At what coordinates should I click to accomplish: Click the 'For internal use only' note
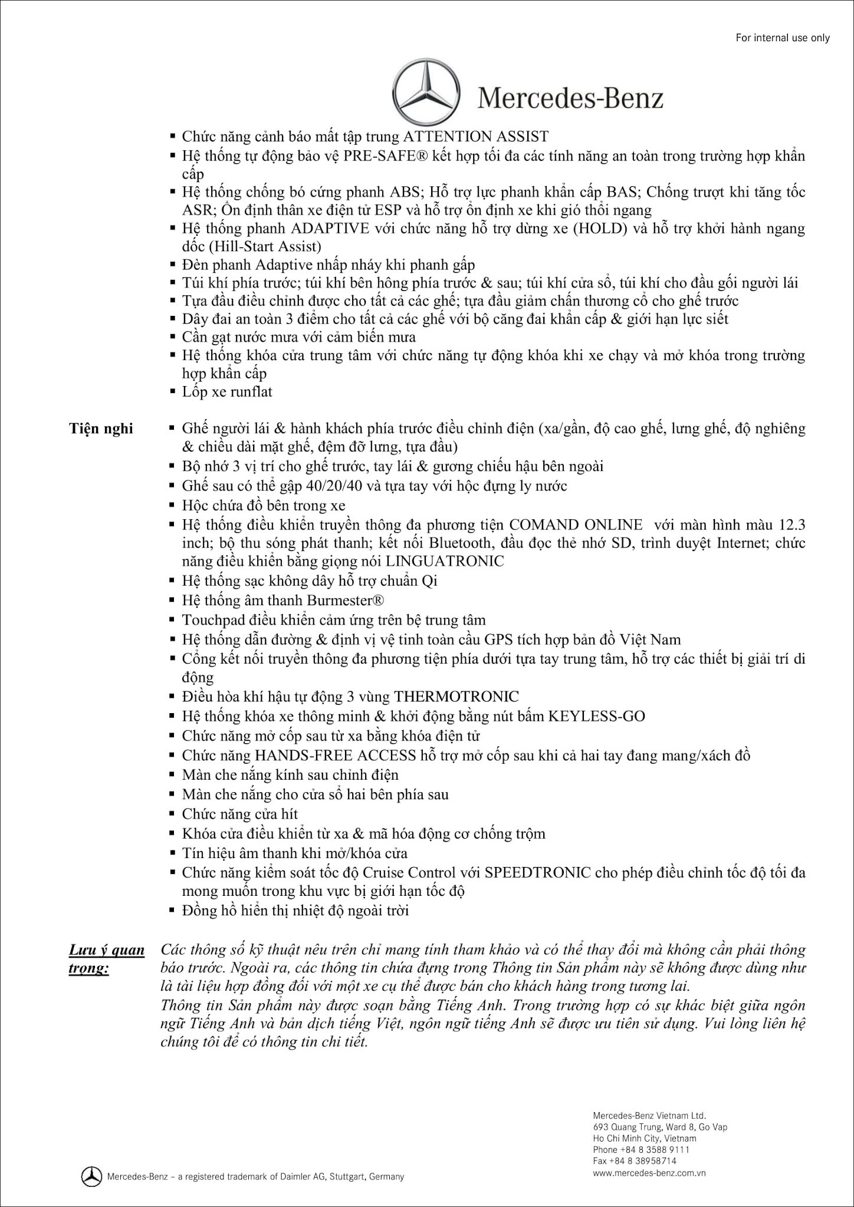click(783, 38)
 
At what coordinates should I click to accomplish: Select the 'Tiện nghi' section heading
click(101, 428)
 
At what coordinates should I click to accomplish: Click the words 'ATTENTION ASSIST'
click(475, 137)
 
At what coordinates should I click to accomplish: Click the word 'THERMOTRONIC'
click(456, 697)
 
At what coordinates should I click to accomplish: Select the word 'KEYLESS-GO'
click(596, 716)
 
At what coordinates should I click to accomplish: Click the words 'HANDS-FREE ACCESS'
click(335, 755)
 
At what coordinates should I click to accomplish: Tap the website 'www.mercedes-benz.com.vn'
click(649, 1172)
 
